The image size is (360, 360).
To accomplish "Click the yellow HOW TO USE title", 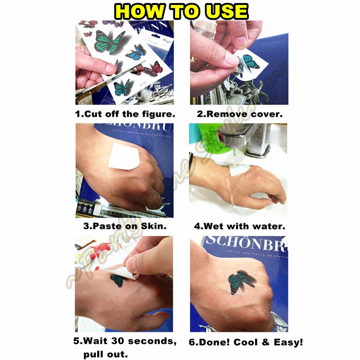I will click(x=180, y=11).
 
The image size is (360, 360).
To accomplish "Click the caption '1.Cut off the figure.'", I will click(x=125, y=114).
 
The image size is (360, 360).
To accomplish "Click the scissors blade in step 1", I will click(x=97, y=92).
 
